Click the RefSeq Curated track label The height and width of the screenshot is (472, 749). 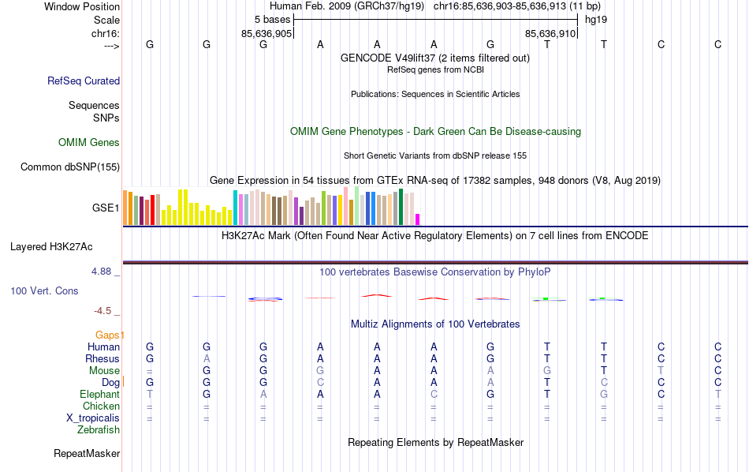point(84,81)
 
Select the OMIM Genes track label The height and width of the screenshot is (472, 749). point(89,143)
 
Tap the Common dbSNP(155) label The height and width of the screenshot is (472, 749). point(70,167)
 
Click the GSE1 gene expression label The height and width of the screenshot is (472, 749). point(106,208)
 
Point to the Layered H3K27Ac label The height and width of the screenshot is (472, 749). point(65,246)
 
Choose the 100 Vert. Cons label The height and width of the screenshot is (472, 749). point(44,291)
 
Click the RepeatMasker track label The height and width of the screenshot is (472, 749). point(87,454)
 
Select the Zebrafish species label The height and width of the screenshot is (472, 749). point(99,430)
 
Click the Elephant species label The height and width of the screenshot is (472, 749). point(99,395)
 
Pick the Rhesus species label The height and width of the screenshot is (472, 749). point(102,359)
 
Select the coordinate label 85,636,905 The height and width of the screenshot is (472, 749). point(266,33)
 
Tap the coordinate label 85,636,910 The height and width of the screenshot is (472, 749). point(551,33)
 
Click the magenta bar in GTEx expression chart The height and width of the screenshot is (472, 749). point(418,219)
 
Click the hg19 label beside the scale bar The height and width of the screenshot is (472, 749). point(596,19)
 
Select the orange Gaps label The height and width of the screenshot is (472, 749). point(110,335)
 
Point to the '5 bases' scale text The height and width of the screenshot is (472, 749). point(272,19)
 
